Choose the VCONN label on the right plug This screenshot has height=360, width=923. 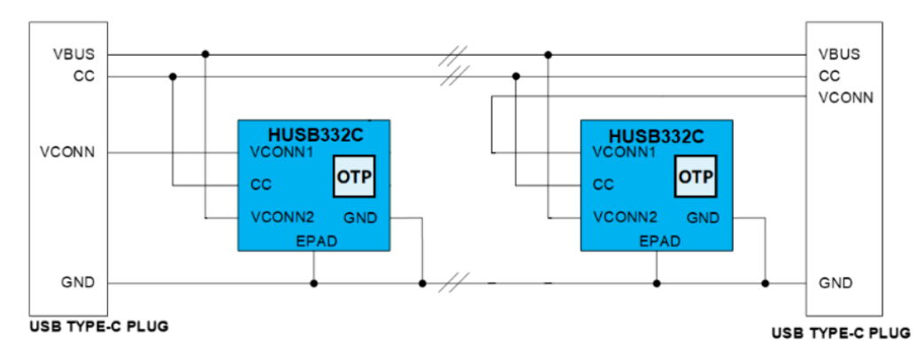point(846,97)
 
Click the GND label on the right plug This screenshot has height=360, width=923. point(835,283)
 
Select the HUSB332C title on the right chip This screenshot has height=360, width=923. point(657,135)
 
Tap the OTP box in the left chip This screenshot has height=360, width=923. point(354,179)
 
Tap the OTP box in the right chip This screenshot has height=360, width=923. point(696,179)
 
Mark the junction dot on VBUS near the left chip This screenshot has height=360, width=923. point(205,55)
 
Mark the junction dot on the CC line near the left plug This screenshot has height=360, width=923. point(173,76)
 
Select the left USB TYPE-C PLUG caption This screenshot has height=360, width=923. point(98,326)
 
